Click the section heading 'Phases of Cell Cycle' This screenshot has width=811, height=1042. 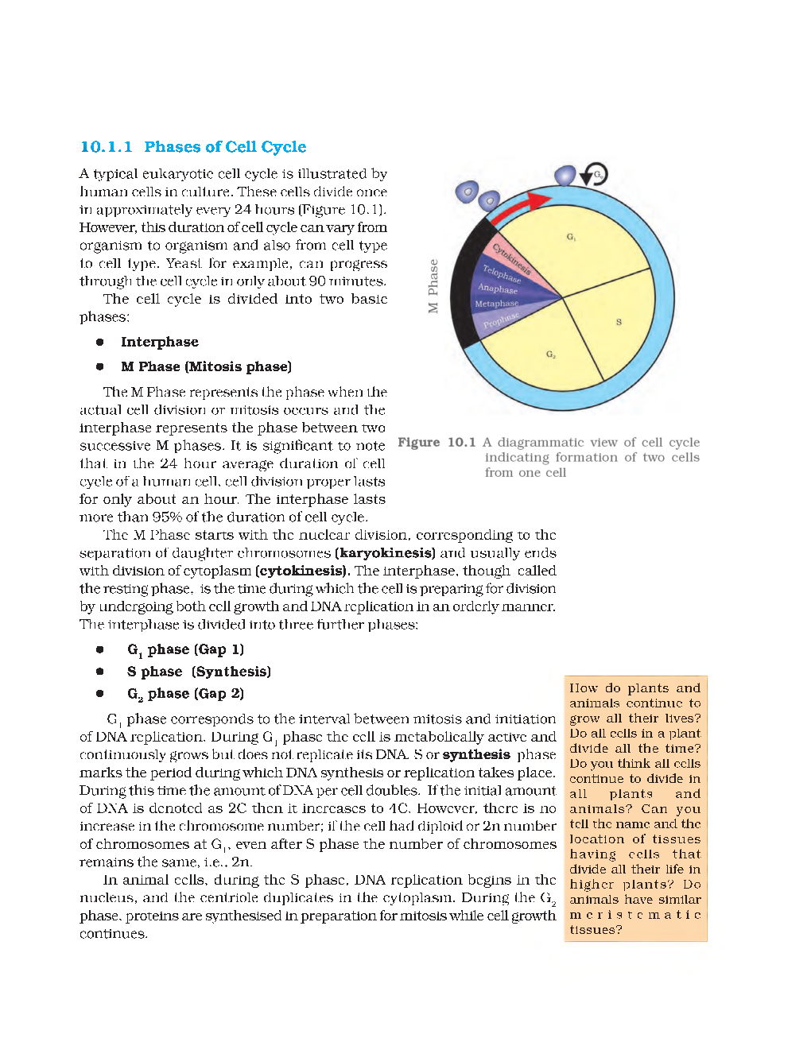point(225,147)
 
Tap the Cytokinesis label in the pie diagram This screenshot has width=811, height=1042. point(511,259)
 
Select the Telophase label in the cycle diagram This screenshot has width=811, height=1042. point(502,274)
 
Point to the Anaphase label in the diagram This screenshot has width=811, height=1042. point(498,289)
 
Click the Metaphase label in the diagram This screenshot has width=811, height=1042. point(496,304)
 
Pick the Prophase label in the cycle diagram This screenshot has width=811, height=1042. point(501,320)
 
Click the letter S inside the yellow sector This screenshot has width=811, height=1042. point(619,322)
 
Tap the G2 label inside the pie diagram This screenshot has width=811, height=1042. point(551,354)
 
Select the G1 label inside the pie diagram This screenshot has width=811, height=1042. point(571,237)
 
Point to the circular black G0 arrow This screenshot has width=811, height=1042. point(593,174)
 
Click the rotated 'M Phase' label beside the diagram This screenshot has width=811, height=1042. point(433,286)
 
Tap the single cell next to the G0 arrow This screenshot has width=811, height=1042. point(565,176)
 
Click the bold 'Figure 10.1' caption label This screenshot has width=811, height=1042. point(437,443)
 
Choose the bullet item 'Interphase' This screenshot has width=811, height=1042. point(159,342)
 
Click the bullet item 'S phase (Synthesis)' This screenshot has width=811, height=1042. point(199,672)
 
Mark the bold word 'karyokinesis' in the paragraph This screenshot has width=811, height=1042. point(385,553)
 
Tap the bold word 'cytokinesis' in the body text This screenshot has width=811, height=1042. point(302,571)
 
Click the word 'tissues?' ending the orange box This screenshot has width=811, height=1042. point(596,930)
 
